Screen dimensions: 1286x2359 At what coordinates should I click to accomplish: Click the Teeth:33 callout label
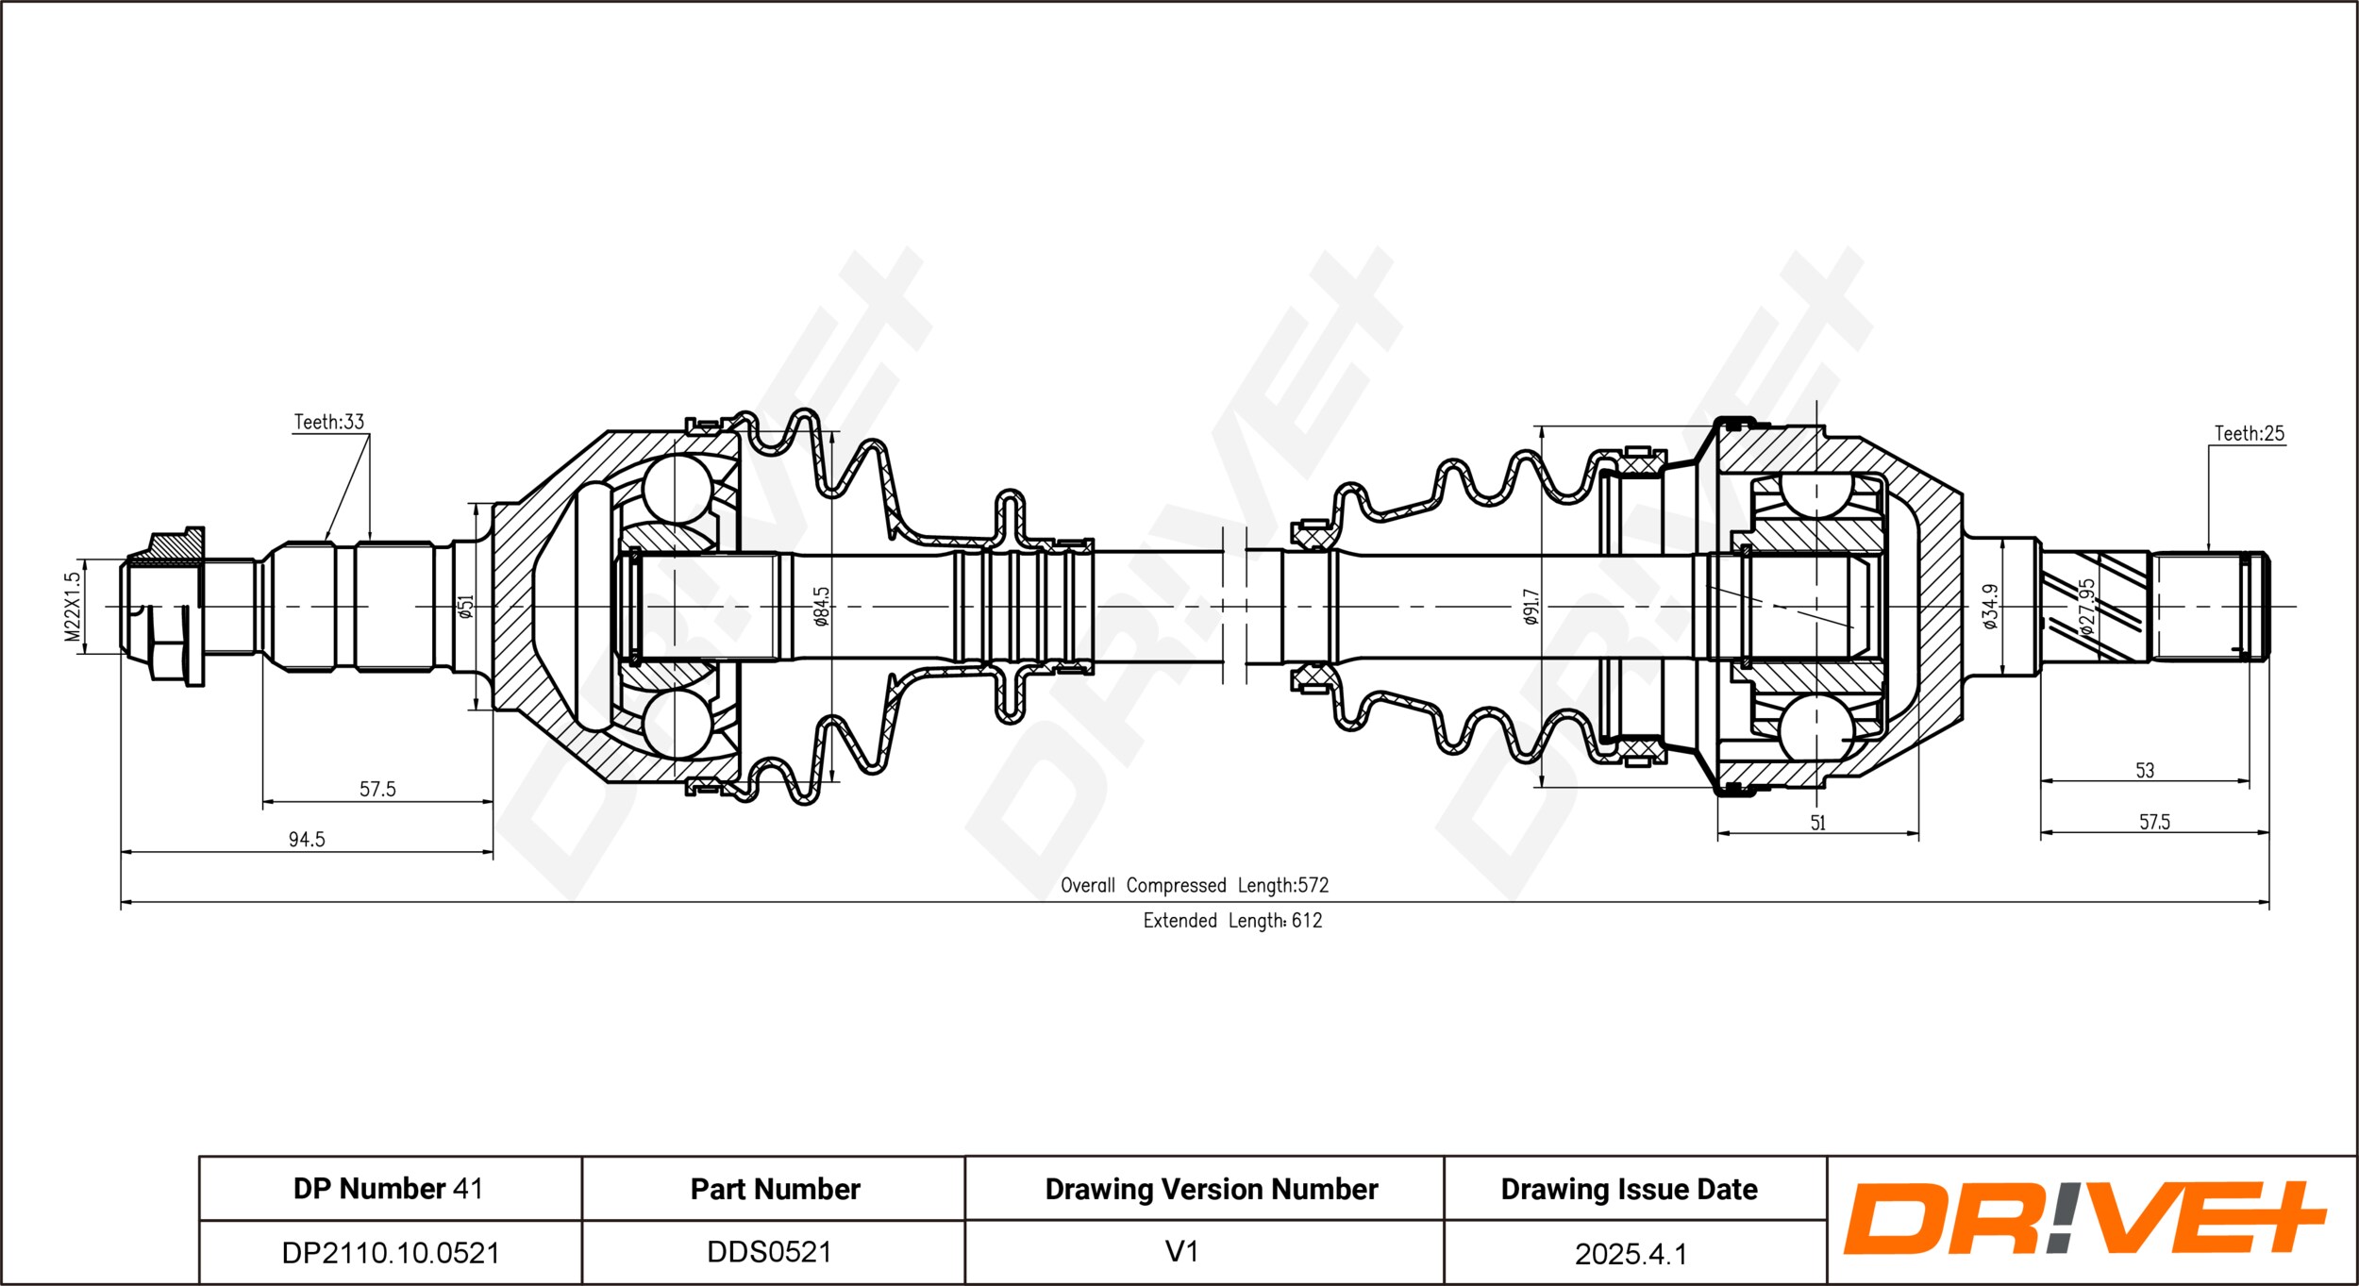pos(328,422)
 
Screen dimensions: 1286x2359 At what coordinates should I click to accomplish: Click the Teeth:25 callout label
pos(2249,433)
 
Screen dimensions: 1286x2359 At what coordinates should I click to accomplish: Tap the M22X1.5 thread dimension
pos(73,607)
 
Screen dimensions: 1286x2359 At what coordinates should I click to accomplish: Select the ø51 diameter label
pos(464,606)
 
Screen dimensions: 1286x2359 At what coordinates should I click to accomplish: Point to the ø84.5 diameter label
pos(821,607)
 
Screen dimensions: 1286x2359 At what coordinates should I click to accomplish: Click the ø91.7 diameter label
pos(1531,607)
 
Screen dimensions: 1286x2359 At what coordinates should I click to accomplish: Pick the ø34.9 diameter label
pos(1989,606)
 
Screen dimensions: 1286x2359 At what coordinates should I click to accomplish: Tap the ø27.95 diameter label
pos(2086,607)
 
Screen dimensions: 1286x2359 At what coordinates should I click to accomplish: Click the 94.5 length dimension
pos(307,839)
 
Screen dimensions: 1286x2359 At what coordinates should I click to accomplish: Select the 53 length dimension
pos(2145,770)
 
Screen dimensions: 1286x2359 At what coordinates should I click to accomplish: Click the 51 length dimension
pos(1817,822)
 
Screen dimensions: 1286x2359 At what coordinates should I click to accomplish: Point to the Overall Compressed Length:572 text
pos(1194,885)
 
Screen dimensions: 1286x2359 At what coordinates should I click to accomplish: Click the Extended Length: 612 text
pos(1232,920)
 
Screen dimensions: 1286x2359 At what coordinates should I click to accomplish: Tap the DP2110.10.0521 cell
pos(391,1252)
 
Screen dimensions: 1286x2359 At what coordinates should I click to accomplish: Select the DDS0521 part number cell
pos(770,1251)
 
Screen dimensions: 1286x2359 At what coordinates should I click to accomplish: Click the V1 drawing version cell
pos(1181,1251)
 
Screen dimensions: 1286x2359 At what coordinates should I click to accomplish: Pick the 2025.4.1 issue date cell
pos(1631,1253)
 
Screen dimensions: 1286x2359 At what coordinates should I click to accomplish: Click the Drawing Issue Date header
pos(1629,1189)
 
